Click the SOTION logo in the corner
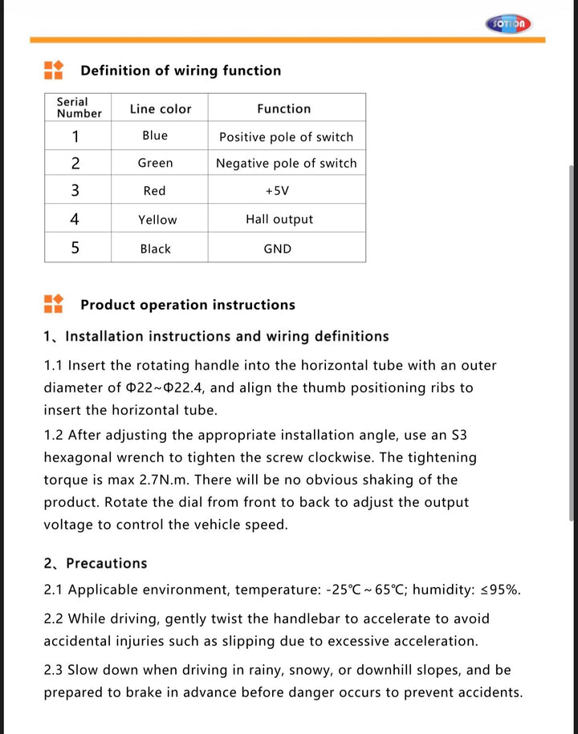click(x=508, y=23)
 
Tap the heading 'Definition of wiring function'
click(x=181, y=71)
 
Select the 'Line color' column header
click(x=161, y=109)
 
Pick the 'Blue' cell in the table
click(x=155, y=136)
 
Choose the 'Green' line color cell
click(x=155, y=163)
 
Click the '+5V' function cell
click(x=277, y=191)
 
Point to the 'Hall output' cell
click(x=279, y=219)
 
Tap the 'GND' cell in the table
click(x=278, y=249)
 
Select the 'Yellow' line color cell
click(x=157, y=220)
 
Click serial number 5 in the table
click(x=75, y=248)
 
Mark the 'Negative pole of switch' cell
click(x=286, y=163)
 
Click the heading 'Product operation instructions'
click(x=188, y=305)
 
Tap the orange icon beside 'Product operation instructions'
click(x=53, y=304)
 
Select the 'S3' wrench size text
click(x=459, y=435)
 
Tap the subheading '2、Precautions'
click(x=96, y=563)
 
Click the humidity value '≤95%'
click(x=500, y=590)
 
